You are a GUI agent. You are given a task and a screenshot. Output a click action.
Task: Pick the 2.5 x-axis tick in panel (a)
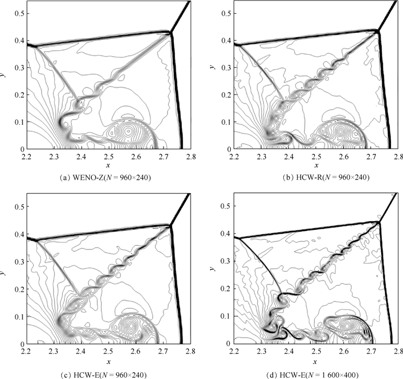[108, 156]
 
